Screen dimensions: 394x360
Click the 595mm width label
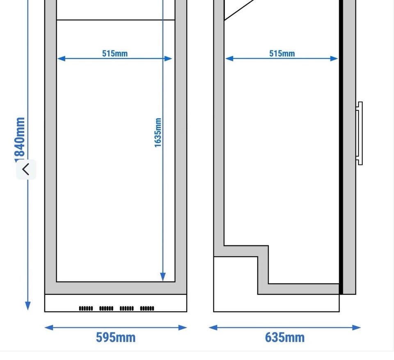point(116,337)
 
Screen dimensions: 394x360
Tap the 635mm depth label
point(285,337)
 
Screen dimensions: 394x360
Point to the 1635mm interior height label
point(158,132)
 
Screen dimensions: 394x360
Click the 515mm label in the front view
point(115,53)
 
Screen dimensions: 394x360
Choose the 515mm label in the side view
point(282,53)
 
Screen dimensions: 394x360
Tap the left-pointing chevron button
point(26,169)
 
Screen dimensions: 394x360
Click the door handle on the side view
point(360,133)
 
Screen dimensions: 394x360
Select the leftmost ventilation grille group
point(86,308)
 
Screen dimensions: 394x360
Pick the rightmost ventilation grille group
point(147,308)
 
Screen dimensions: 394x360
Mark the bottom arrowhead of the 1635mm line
point(163,277)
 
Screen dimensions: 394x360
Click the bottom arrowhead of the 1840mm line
point(27,306)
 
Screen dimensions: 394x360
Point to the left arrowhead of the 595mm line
point(49,327)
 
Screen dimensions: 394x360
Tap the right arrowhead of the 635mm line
point(357,327)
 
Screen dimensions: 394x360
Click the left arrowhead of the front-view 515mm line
point(61,59)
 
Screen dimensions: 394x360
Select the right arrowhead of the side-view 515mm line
point(334,59)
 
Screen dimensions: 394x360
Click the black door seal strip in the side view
point(341,147)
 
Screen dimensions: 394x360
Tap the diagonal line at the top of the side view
point(239,10)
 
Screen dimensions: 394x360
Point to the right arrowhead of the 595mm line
point(182,327)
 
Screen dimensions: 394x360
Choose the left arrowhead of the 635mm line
point(213,327)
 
